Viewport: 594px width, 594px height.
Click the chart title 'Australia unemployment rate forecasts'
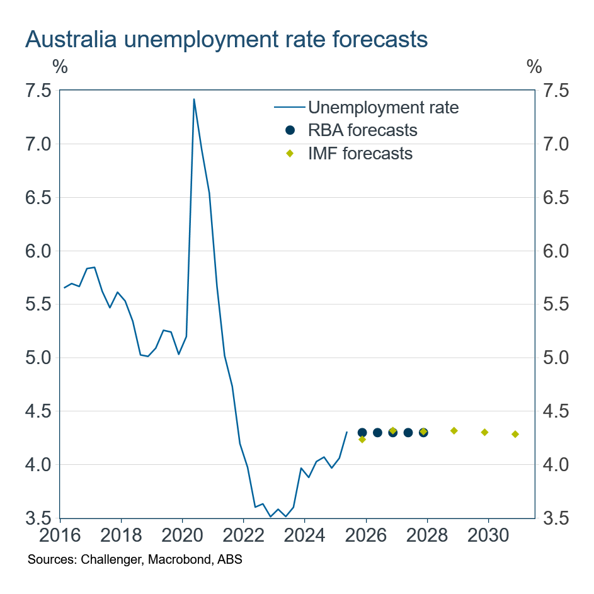pos(226,40)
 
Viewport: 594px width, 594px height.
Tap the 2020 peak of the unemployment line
pos(193,100)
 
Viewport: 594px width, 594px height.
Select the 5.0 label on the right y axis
pos(554,358)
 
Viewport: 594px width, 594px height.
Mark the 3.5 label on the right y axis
pos(554,518)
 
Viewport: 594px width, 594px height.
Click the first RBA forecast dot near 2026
pos(362,433)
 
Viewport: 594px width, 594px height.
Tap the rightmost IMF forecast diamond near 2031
pos(515,434)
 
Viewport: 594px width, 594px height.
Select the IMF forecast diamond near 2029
pos(454,431)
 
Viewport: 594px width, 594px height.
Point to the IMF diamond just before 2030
pos(484,432)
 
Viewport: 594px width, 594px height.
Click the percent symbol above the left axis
pos(60,66)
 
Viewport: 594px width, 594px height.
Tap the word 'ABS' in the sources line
pos(231,560)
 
